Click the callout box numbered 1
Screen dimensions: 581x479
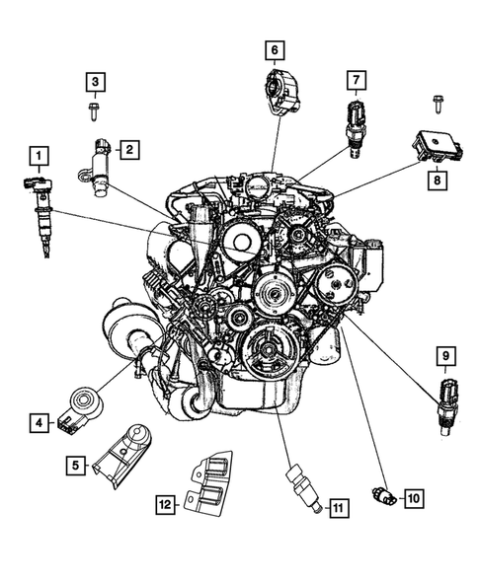(x=38, y=155)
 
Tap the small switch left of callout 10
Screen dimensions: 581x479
(x=383, y=496)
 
